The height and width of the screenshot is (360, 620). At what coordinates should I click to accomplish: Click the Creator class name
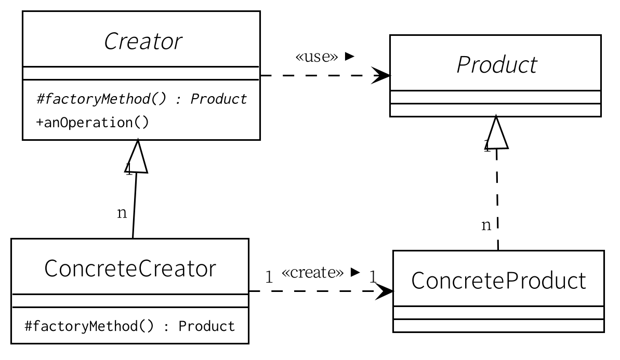(143, 42)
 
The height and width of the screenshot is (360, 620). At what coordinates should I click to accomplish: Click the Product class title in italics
(496, 65)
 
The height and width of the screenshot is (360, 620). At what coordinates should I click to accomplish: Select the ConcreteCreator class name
(130, 269)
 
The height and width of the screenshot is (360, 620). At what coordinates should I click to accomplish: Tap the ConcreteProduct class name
(498, 281)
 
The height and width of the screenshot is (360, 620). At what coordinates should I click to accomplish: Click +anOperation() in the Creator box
(93, 123)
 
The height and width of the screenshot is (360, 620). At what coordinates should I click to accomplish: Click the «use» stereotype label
(316, 57)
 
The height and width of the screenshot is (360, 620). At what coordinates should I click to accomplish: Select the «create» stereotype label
(312, 273)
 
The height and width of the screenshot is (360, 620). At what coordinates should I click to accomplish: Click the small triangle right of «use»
(349, 56)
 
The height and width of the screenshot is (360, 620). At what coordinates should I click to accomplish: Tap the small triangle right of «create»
(355, 272)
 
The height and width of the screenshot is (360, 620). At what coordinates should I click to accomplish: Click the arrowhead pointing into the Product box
(382, 76)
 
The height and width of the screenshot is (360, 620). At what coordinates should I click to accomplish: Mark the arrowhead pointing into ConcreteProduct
(385, 291)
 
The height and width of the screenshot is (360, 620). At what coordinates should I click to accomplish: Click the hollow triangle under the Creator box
(137, 156)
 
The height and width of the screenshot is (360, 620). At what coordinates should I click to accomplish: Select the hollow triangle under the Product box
(496, 132)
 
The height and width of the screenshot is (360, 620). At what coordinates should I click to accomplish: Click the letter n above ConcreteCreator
(122, 213)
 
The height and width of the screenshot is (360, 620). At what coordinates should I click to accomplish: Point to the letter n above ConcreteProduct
(486, 225)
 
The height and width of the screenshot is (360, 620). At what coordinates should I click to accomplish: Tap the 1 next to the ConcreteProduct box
(373, 276)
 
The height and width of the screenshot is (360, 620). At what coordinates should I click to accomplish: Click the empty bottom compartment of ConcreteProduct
(498, 325)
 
